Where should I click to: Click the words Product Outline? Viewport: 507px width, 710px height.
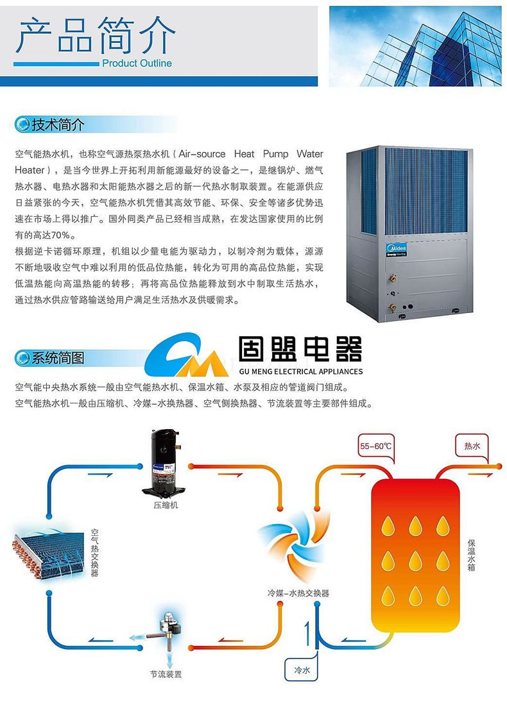click(x=137, y=63)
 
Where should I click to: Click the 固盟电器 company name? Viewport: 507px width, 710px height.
click(x=300, y=350)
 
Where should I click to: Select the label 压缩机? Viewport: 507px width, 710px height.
click(x=166, y=505)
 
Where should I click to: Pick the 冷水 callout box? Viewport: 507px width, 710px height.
click(x=302, y=670)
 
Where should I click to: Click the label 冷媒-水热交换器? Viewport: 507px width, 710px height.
click(x=298, y=593)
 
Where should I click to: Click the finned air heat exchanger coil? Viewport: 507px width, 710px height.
click(x=48, y=548)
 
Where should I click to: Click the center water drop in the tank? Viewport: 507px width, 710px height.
click(x=415, y=560)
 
